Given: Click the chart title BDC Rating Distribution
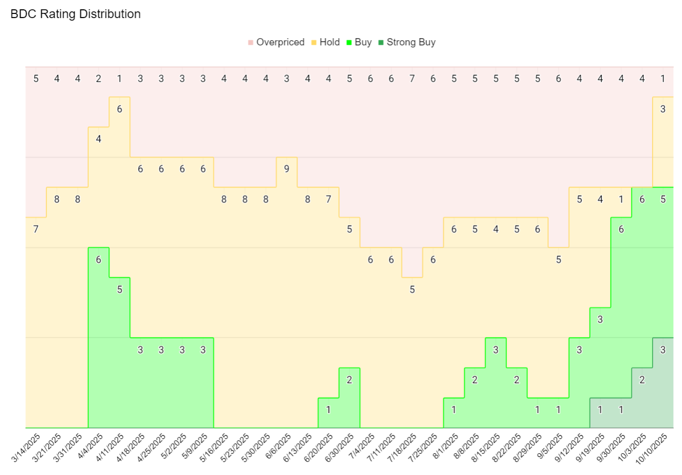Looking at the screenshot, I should click(76, 14).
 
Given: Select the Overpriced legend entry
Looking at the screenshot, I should click(280, 42).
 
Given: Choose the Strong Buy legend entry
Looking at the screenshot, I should click(411, 42).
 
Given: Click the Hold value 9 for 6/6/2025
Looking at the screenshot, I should click(287, 169).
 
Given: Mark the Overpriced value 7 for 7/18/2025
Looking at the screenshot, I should click(412, 79).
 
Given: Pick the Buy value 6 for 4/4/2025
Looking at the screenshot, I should click(99, 260).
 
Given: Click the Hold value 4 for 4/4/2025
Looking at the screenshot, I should click(99, 139).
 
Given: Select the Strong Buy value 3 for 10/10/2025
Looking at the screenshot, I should click(663, 350).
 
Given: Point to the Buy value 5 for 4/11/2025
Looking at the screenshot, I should click(119, 290).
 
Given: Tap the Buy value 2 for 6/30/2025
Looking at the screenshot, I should click(349, 380).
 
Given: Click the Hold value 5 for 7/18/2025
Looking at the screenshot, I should click(412, 290).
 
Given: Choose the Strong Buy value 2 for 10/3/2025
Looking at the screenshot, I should click(642, 380).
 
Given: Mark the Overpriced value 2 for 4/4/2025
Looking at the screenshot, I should click(99, 79).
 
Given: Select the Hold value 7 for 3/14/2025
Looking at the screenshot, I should click(36, 229).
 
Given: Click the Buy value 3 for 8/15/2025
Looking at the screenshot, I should click(496, 350).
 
